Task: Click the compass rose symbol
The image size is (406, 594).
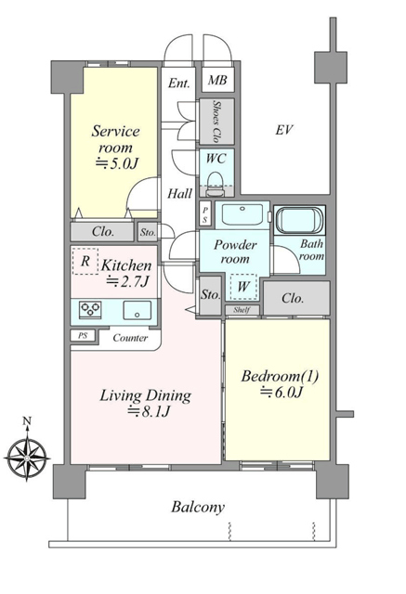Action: coord(27,458)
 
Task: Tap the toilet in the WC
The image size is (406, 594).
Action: coord(216,184)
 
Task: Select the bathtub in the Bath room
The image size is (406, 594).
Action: coord(299,220)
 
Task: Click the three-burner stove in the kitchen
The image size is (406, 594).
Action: coord(90,309)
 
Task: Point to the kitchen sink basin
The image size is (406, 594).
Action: coord(137,310)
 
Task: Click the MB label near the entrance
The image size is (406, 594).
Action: coord(217,80)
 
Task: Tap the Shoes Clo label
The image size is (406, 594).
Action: coord(216,122)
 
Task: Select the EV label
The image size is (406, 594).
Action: coord(284,130)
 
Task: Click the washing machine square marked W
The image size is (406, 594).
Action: coord(243,287)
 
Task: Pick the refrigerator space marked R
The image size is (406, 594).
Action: coord(85,261)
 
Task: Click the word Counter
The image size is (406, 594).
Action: coord(130,338)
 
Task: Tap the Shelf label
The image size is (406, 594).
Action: coord(242,310)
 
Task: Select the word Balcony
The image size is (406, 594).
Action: coord(198,507)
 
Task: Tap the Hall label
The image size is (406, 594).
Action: coord(179,194)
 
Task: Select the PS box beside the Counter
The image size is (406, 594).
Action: coord(83,336)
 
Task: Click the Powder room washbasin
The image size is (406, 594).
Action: coord(242,214)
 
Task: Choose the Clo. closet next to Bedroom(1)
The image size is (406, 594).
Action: coord(296,298)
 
